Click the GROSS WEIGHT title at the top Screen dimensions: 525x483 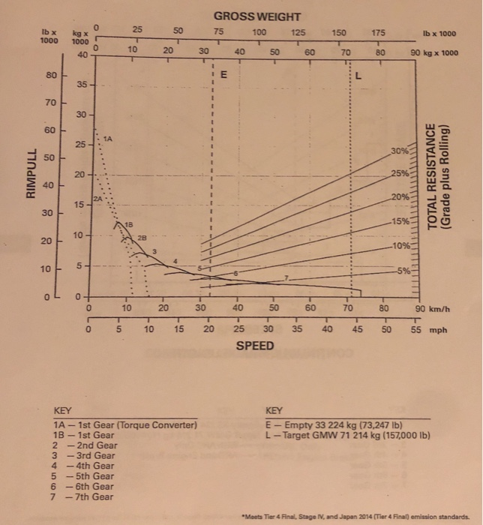tap(256, 16)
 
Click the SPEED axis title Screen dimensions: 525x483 tap(255, 346)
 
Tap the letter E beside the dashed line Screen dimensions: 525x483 tap(224, 76)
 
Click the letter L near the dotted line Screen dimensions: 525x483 tap(358, 76)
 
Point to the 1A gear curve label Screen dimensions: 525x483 tap(108, 139)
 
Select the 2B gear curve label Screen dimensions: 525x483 tap(141, 238)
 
